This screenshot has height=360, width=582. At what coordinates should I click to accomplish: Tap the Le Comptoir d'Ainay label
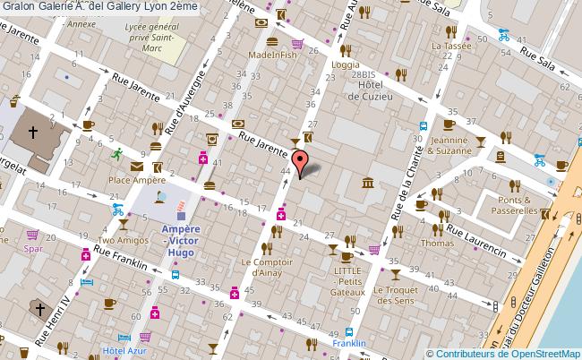tap(267, 267)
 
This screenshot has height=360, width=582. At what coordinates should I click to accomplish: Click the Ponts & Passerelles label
tap(514, 206)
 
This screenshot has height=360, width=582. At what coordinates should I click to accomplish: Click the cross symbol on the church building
tap(33, 132)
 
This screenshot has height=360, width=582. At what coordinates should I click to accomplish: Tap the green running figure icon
tap(116, 153)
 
